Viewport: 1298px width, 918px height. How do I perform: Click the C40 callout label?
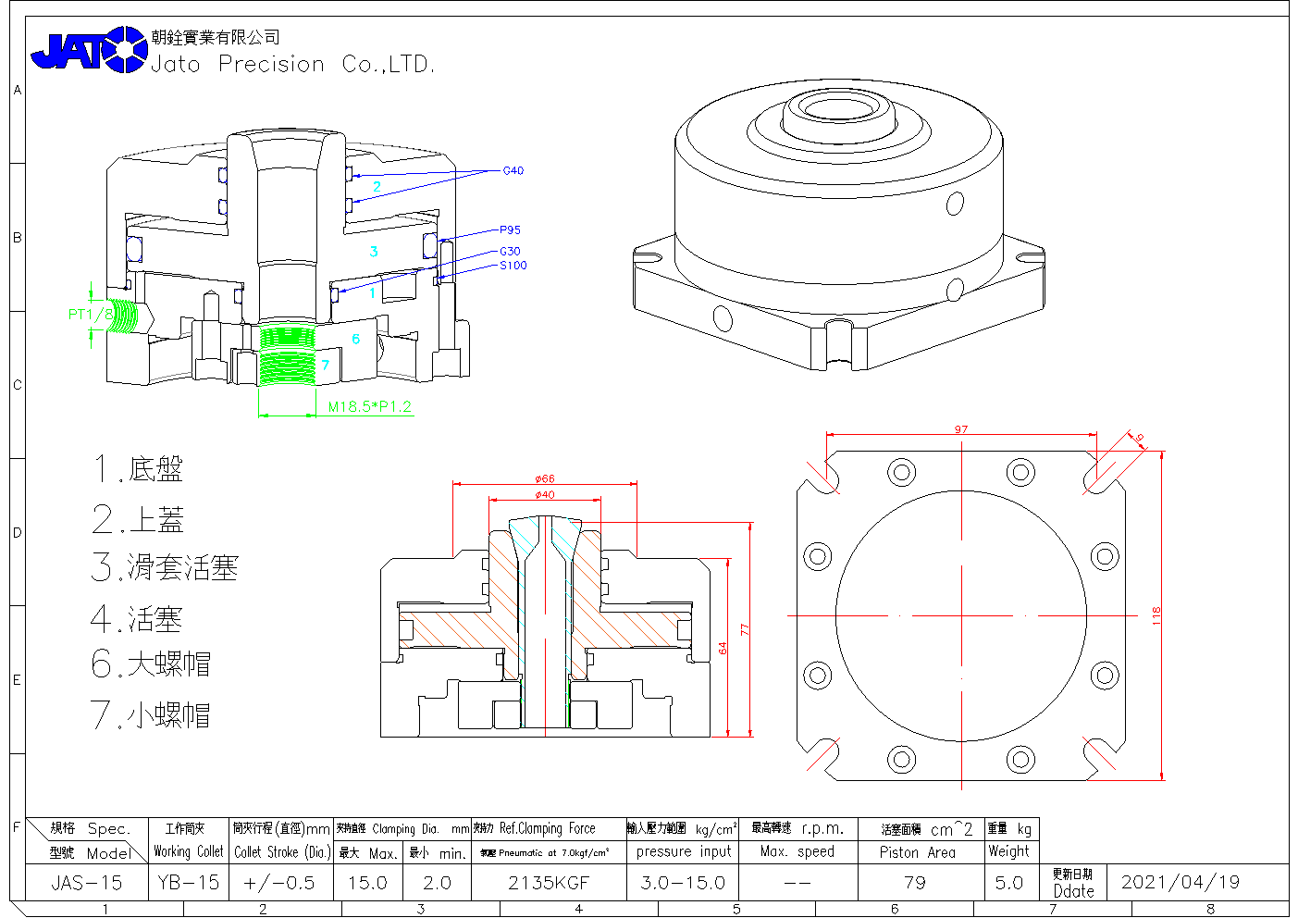pos(513,170)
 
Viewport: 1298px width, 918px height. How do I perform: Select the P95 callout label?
pos(510,229)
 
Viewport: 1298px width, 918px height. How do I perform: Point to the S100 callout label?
pos(513,266)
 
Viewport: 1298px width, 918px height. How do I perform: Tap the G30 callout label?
pos(510,251)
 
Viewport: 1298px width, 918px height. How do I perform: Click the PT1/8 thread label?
pos(90,315)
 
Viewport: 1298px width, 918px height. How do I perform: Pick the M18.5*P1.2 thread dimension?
pos(369,406)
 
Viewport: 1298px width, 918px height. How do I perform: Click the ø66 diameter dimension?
pos(545,478)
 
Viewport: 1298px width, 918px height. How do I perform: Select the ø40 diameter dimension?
pos(545,494)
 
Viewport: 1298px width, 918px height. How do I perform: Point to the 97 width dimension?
pos(961,429)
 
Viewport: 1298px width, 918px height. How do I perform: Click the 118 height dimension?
pos(1156,615)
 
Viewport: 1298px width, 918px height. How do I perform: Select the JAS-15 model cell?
pos(86,883)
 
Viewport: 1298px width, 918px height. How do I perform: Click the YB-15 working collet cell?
pos(188,883)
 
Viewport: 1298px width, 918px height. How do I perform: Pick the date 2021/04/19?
pos(1180,882)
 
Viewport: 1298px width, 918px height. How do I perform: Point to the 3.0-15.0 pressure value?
pos(682,883)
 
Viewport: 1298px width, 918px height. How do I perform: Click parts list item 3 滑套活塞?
pos(165,567)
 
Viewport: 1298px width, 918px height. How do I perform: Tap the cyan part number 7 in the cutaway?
pos(325,365)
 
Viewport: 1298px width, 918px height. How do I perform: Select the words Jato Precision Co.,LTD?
pos(292,64)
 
